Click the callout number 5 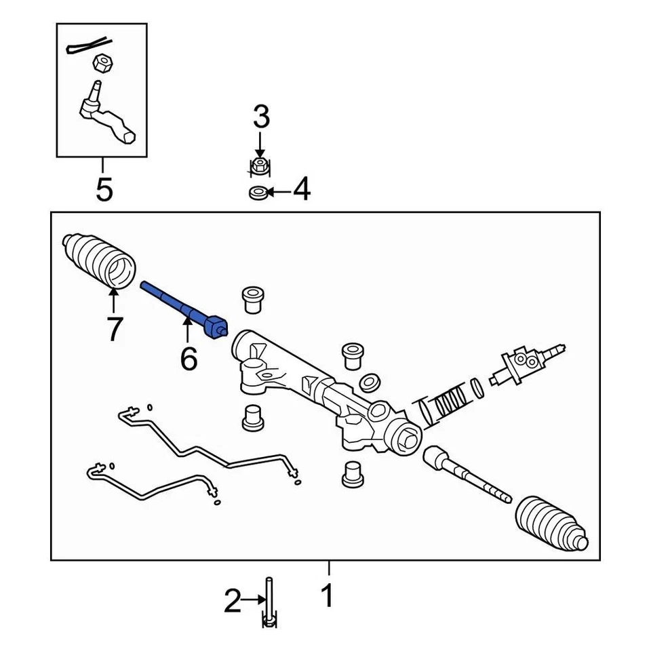104,190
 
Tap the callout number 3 261,117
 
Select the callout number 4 301,191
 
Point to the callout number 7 114,330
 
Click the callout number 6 188,358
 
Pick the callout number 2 232,600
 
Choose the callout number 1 328,597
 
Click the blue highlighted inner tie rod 182,309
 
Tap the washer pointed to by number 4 258,193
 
